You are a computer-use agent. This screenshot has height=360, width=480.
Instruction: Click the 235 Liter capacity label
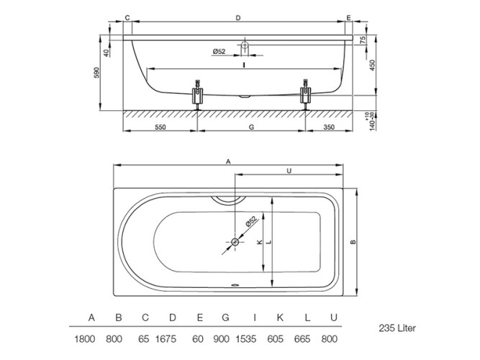(397, 328)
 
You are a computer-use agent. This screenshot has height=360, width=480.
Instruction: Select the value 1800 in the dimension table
(84, 339)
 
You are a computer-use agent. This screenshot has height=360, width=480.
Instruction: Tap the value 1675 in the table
(166, 339)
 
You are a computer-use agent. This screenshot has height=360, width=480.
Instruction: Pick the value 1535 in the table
(246, 339)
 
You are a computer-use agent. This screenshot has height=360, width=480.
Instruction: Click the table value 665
(302, 339)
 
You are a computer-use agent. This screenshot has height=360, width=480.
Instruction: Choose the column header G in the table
(225, 318)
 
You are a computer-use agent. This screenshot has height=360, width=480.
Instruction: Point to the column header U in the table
(334, 318)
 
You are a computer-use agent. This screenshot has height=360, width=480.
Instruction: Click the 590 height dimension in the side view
(96, 73)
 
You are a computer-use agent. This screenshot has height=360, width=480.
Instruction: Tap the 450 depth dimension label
(372, 66)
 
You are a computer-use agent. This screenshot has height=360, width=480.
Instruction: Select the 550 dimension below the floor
(160, 127)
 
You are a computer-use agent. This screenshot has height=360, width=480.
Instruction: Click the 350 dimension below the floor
(329, 127)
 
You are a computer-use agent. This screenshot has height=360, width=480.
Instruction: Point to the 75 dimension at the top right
(363, 40)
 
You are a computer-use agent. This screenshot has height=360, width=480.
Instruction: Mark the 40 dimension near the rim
(107, 53)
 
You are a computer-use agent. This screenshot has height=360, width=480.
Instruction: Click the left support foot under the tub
(197, 94)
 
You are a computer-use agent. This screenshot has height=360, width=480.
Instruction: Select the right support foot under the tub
(305, 94)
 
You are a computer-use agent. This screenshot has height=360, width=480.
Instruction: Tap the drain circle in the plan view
(235, 242)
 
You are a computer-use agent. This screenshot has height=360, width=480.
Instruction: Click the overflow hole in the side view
(245, 45)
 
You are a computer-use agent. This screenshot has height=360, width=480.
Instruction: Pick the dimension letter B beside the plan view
(353, 242)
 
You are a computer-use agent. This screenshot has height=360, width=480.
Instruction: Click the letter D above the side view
(238, 18)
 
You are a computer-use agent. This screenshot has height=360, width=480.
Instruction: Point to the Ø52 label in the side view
(219, 51)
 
